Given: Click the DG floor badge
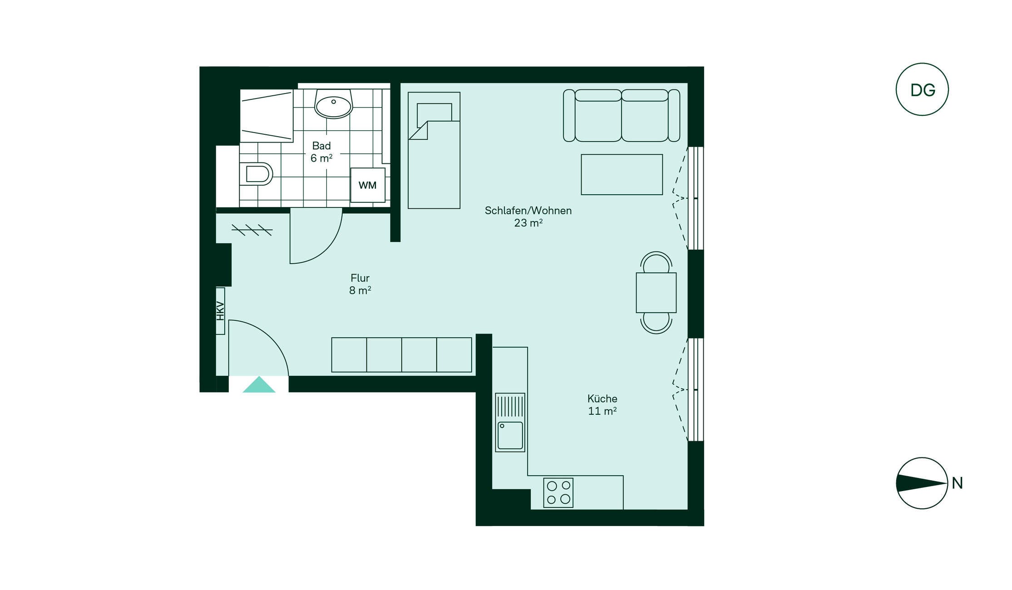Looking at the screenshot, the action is click(x=922, y=89).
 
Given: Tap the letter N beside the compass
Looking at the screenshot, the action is click(x=958, y=483).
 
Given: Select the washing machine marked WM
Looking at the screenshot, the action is click(x=368, y=185).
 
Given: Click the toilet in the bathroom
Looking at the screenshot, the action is click(x=256, y=174).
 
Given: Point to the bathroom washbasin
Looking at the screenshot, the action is click(x=334, y=104).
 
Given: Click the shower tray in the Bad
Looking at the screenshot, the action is click(x=267, y=116).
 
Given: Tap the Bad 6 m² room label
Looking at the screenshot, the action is click(x=321, y=152).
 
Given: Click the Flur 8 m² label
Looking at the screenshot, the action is click(x=360, y=284).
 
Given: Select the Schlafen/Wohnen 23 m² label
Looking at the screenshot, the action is click(x=528, y=216).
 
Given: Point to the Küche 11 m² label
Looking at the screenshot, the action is click(x=602, y=405).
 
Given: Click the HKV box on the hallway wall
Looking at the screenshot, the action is click(x=220, y=311).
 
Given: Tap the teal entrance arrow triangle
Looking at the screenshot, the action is click(x=259, y=385).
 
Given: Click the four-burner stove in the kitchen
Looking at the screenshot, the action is click(x=558, y=493).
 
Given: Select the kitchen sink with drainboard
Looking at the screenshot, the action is click(x=510, y=423).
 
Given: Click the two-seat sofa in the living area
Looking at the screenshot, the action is click(x=622, y=115).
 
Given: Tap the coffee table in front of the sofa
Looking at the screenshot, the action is click(x=622, y=175).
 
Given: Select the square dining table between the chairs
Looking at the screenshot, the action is click(x=656, y=293).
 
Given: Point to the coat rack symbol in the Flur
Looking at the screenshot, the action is click(x=252, y=230).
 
